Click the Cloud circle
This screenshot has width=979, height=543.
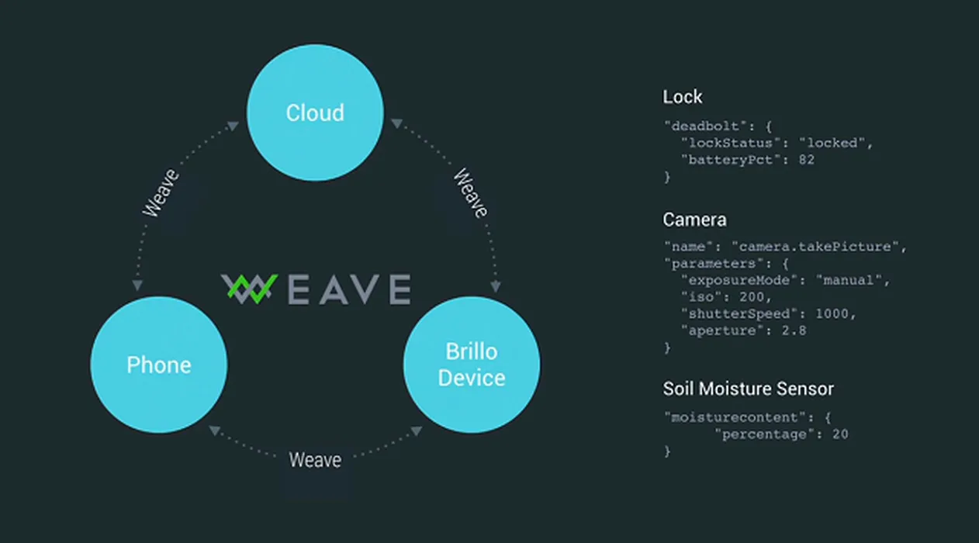[315, 112]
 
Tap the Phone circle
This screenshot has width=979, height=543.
[159, 365]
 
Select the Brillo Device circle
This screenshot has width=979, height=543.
[472, 365]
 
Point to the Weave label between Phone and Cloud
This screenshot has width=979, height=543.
[161, 192]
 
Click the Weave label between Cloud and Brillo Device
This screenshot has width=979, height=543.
[470, 192]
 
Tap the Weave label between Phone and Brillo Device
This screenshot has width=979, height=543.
[315, 460]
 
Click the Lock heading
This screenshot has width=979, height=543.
[682, 97]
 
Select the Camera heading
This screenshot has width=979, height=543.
[694, 220]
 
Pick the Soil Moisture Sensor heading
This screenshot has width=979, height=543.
[749, 389]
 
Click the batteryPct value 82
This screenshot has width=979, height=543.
[806, 160]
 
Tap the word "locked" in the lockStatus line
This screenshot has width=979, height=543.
[832, 143]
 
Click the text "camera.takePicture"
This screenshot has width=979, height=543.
[815, 247]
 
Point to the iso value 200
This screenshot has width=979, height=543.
[752, 297]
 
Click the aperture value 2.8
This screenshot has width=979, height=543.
[794, 330]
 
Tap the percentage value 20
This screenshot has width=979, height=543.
[840, 434]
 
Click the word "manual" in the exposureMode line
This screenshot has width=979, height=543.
[849, 280]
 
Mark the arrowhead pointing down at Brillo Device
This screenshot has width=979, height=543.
[495, 287]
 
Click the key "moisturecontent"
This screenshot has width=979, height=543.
[734, 417]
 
